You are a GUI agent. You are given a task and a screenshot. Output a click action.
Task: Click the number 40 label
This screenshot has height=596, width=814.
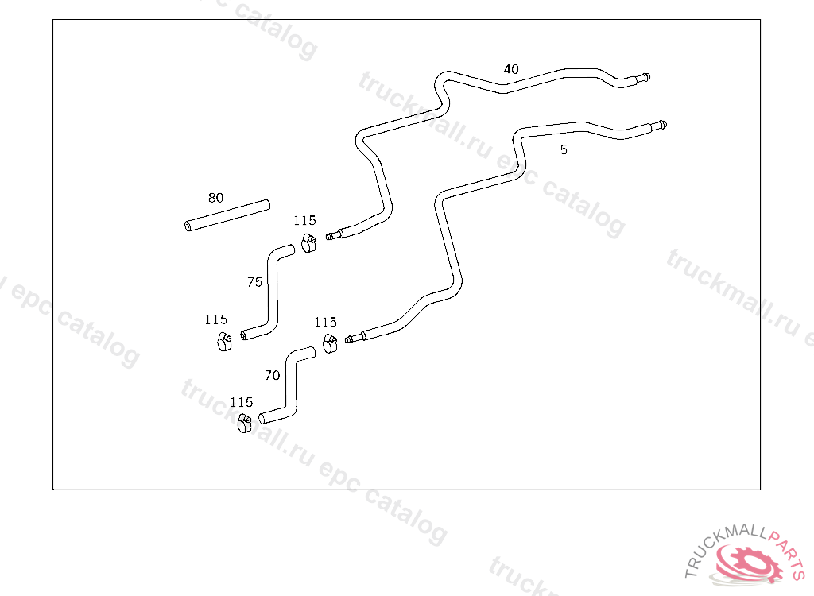pyautogui.click(x=511, y=70)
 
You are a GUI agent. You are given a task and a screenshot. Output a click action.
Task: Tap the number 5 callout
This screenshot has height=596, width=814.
pyautogui.click(x=564, y=149)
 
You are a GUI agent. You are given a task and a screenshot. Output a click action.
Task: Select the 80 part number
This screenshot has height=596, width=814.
pyautogui.click(x=216, y=198)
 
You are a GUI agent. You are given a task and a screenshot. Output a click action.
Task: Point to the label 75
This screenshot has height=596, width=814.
pyautogui.click(x=254, y=282)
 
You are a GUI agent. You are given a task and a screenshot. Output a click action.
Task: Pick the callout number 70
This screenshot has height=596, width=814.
pyautogui.click(x=272, y=376)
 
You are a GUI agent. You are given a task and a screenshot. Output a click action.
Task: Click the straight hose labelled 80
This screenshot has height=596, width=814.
pyautogui.click(x=227, y=215)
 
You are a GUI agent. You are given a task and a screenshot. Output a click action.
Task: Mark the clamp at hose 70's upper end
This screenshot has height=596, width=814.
pyautogui.click(x=330, y=344)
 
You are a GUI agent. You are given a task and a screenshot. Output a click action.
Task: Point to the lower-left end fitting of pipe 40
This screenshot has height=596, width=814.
pyautogui.click(x=335, y=234)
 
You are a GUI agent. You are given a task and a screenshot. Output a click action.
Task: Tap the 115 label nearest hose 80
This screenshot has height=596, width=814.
pyautogui.click(x=304, y=221)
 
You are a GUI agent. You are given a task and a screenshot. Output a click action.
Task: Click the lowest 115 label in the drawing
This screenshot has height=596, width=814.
pyautogui.click(x=242, y=403)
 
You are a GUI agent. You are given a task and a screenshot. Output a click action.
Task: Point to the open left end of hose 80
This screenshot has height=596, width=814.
pyautogui.click(x=188, y=227)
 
